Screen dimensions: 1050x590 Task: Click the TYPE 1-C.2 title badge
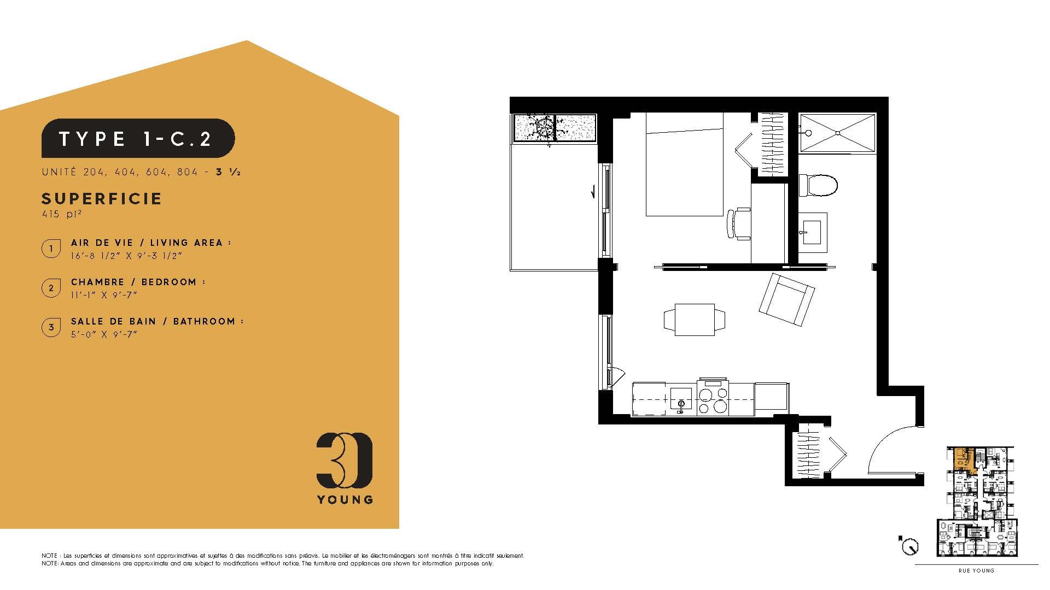point(138,138)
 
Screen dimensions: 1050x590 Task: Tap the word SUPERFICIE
point(102,198)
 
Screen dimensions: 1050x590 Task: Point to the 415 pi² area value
point(57,214)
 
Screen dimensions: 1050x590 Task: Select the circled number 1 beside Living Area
point(51,249)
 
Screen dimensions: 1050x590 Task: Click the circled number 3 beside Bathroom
point(51,328)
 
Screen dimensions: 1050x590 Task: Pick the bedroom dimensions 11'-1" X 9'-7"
point(104,295)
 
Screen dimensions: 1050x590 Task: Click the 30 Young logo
point(345,468)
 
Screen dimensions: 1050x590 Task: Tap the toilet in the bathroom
point(818,185)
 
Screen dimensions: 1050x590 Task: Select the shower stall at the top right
point(837,133)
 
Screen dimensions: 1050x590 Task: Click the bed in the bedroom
point(685,164)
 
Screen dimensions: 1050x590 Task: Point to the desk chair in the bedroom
point(739,223)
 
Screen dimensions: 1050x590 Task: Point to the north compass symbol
point(910,545)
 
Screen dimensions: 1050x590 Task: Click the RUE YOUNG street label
point(976,571)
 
